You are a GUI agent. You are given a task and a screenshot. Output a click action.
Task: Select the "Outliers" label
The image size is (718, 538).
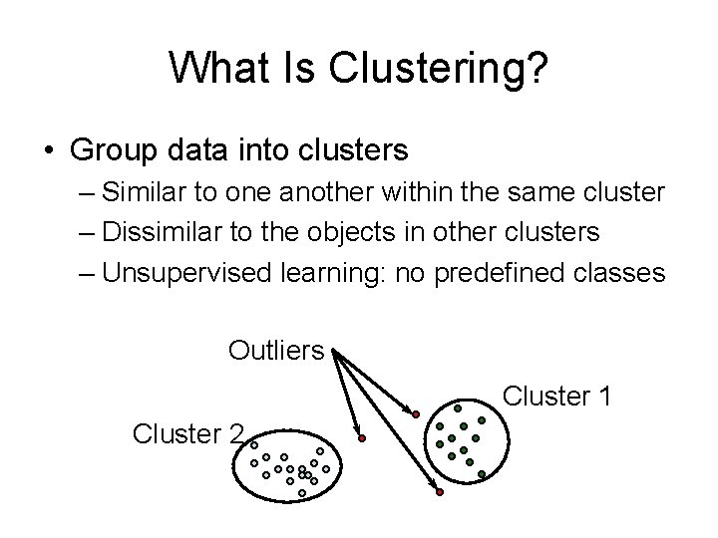[x=276, y=351]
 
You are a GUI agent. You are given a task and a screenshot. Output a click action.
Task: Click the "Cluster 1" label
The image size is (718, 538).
[x=556, y=397]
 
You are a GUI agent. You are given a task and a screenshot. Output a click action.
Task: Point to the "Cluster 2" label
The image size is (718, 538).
[x=187, y=433]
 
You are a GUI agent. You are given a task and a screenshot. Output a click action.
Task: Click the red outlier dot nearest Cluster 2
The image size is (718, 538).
[x=362, y=438]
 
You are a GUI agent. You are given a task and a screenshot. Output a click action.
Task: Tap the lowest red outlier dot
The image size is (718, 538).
[x=439, y=492]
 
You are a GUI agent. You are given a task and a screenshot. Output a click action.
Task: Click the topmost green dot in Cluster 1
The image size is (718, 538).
[x=458, y=407]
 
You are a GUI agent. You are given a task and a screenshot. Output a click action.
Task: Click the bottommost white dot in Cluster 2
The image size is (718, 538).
[x=302, y=493]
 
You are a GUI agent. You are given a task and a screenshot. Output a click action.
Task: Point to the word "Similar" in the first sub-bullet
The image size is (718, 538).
[x=148, y=191]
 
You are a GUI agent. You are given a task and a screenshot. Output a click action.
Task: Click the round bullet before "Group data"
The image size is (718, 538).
[x=49, y=151]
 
